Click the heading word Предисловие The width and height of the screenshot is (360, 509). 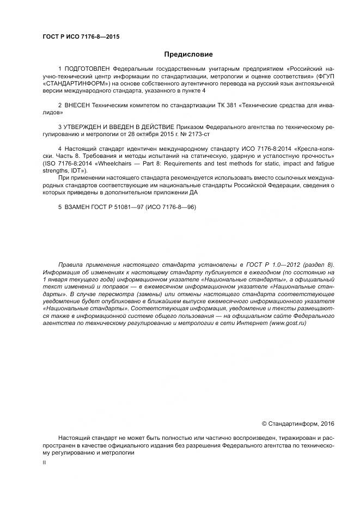(x=188, y=54)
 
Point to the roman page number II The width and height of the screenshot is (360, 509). (x=44, y=463)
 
